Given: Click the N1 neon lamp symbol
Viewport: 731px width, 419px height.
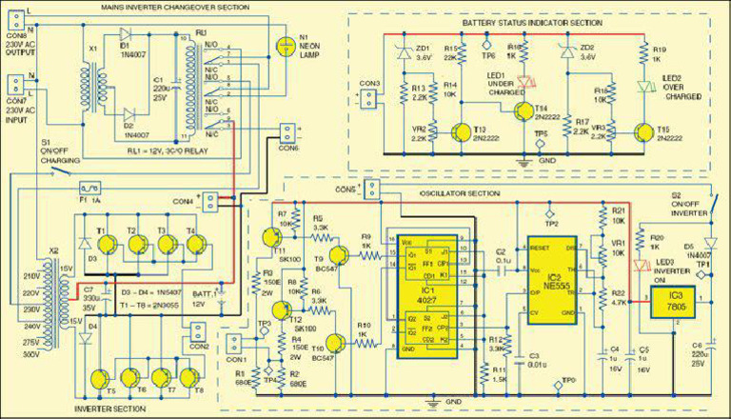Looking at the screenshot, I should point(283,46).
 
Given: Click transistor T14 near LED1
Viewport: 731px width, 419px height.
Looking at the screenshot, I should point(524,111).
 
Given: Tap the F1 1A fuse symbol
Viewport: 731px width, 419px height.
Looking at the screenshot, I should point(90,189).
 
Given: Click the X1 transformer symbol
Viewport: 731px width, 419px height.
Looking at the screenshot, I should point(93,70).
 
